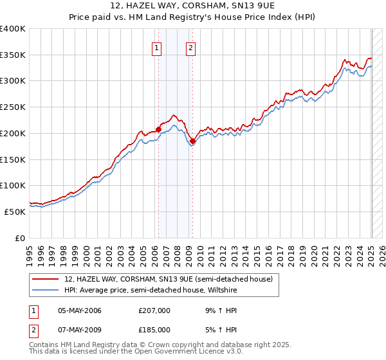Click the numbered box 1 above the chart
[157, 47]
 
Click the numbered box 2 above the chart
[191, 47]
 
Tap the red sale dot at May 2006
[158, 130]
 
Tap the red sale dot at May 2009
[192, 141]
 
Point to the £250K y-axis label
[13, 107]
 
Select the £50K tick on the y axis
[15, 212]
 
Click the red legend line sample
[46, 279]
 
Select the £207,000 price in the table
[154, 310]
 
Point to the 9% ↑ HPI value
[219, 310]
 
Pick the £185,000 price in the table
[154, 330]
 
